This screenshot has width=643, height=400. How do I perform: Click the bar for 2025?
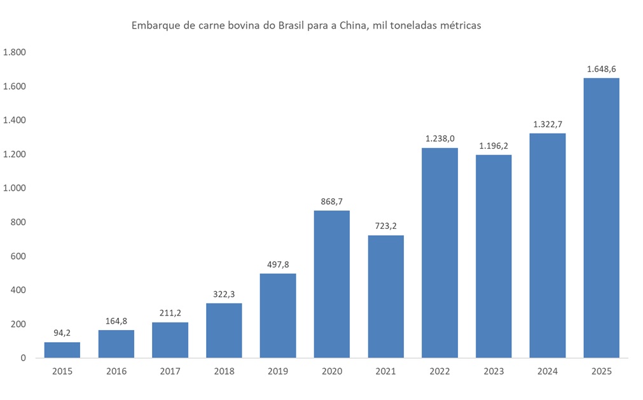(601, 217)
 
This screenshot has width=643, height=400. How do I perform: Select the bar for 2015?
(62, 350)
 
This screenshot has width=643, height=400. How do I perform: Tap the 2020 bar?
(331, 284)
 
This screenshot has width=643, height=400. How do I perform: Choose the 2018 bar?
(224, 330)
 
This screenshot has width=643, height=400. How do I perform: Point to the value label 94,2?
(62, 333)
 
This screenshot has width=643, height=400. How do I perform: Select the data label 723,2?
(385, 226)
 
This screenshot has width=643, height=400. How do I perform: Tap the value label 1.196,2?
(494, 145)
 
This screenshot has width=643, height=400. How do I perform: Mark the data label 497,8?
(278, 264)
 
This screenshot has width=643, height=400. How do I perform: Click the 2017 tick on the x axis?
(170, 371)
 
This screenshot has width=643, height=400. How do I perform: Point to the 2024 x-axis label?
(547, 371)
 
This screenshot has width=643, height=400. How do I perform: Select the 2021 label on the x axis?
(385, 371)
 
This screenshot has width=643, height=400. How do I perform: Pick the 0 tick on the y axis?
(22, 358)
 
